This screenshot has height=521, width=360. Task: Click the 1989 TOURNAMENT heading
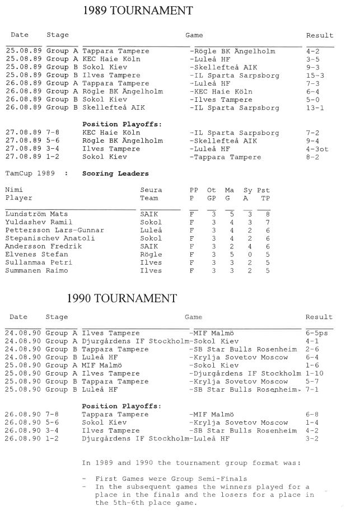click(137, 11)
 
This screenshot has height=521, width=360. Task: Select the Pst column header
click(263, 190)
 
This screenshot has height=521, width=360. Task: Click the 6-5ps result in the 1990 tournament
click(319, 333)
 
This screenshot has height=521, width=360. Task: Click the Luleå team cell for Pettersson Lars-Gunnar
click(149, 230)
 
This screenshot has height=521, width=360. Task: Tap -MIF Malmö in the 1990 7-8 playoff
click(213, 415)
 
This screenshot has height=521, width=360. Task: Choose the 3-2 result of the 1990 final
click(312, 439)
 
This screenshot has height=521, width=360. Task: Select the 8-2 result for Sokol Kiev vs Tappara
click(312, 157)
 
